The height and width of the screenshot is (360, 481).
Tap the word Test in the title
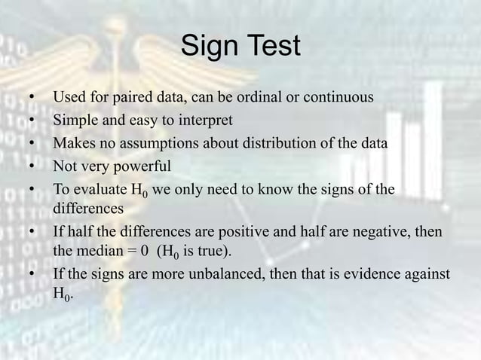pos(272,47)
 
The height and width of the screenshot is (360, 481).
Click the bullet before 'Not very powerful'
pos(32,166)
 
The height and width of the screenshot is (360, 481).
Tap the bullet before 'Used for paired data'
pos(32,98)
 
